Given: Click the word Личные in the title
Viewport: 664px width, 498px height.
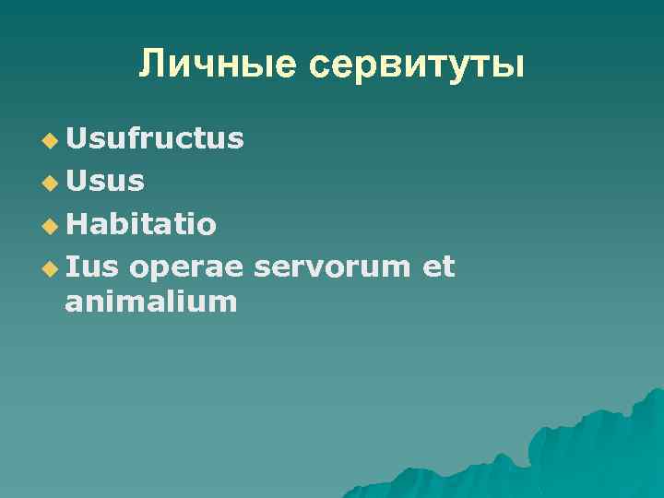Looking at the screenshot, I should [x=219, y=65].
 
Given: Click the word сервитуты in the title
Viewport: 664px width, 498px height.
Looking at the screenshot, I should [x=417, y=66].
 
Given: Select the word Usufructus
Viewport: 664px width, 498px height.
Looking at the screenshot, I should [x=155, y=138].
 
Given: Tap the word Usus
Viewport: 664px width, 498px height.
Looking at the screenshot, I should [x=105, y=181].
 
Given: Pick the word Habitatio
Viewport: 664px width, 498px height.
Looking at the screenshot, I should [x=141, y=224].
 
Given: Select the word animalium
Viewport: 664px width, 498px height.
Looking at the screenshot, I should [x=151, y=301].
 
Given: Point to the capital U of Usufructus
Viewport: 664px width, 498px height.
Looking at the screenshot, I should [x=77, y=138].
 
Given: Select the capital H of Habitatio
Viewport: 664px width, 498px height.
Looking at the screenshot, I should [x=77, y=224].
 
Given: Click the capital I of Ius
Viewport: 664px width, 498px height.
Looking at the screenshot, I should [x=72, y=267].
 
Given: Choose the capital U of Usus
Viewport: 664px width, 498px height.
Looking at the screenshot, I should [x=77, y=181].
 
